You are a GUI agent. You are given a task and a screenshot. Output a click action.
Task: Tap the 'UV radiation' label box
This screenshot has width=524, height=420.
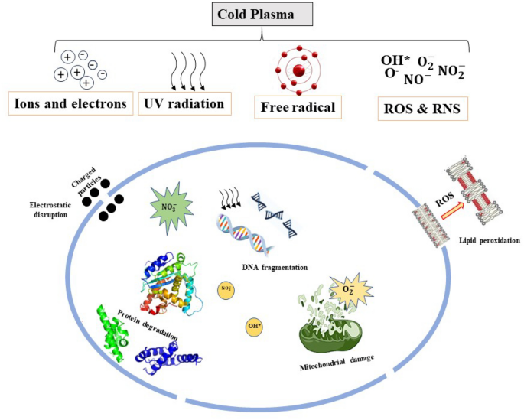(184, 103)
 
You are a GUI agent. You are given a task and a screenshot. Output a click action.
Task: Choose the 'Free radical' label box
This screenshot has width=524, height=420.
(297, 106)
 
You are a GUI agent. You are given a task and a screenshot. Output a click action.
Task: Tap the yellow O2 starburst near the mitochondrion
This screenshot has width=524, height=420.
(347, 290)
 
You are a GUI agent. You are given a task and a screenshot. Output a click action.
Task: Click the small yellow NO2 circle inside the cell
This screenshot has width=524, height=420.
(226, 289)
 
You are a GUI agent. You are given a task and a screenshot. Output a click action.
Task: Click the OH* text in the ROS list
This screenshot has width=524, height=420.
(395, 60)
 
